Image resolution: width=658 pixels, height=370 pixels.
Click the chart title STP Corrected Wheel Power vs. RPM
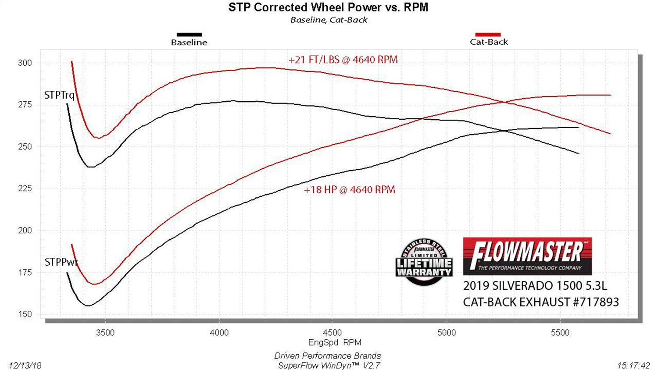(x=328, y=7)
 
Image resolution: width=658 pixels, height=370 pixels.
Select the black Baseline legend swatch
(x=189, y=35)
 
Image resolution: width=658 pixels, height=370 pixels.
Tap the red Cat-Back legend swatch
(x=488, y=35)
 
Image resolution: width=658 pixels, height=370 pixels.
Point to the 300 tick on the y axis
(x=25, y=63)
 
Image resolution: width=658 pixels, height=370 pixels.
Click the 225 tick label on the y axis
(x=25, y=189)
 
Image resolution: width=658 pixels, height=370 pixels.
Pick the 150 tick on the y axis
(x=25, y=314)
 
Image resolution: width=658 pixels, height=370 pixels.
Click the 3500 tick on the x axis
(x=105, y=333)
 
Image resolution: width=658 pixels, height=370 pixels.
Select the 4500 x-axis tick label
(x=333, y=333)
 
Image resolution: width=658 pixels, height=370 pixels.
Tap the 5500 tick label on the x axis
(x=560, y=333)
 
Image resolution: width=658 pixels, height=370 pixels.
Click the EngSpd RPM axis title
(x=335, y=342)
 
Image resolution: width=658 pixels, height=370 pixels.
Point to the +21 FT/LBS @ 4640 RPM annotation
(x=343, y=60)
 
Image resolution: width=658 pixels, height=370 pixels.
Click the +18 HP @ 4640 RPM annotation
(x=350, y=190)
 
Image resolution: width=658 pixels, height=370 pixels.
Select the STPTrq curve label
(x=59, y=95)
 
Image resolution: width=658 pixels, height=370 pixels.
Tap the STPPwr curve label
(x=61, y=262)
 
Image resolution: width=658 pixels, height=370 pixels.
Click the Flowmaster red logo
(x=527, y=256)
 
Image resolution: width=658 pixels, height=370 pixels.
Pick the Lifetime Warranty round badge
(x=424, y=263)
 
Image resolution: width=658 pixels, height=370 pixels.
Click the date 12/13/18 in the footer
(x=25, y=365)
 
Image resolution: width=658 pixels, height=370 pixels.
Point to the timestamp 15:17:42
(x=633, y=365)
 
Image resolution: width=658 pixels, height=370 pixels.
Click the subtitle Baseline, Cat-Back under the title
(x=329, y=20)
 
